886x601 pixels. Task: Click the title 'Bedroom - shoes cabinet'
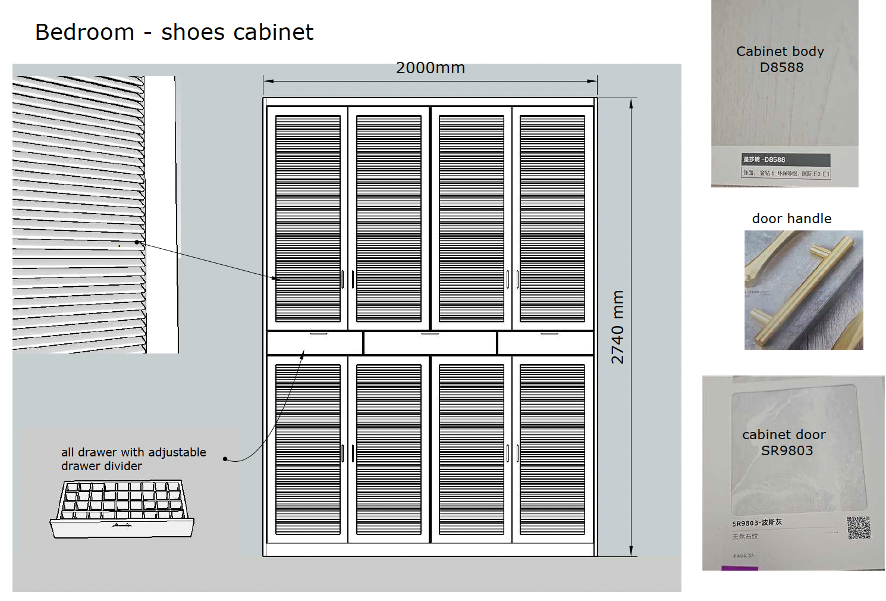[x=174, y=32]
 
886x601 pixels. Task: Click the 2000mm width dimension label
[x=430, y=68]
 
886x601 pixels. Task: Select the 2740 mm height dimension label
[x=618, y=327]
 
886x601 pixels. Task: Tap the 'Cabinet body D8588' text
[x=781, y=59]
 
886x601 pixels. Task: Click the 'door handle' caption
[x=791, y=218]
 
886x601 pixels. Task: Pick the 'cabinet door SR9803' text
[x=784, y=442]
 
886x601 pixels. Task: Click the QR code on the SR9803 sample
[x=858, y=528]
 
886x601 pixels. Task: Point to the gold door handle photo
[x=803, y=290]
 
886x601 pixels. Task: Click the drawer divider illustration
[x=122, y=509]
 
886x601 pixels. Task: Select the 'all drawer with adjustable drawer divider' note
[x=134, y=459]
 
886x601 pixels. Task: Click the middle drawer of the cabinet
[x=430, y=343]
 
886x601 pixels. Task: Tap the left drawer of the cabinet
[x=315, y=343]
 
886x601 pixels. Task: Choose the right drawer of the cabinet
[x=545, y=343]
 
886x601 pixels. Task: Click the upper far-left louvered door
[x=307, y=218]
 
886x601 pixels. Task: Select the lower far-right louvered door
[x=552, y=449]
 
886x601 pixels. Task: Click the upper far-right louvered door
[x=552, y=218]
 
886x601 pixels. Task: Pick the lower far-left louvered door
[x=307, y=449]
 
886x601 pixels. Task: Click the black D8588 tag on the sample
[x=785, y=159]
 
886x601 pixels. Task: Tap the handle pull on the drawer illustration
[x=122, y=525]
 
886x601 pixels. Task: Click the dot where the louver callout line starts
[x=137, y=242]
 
